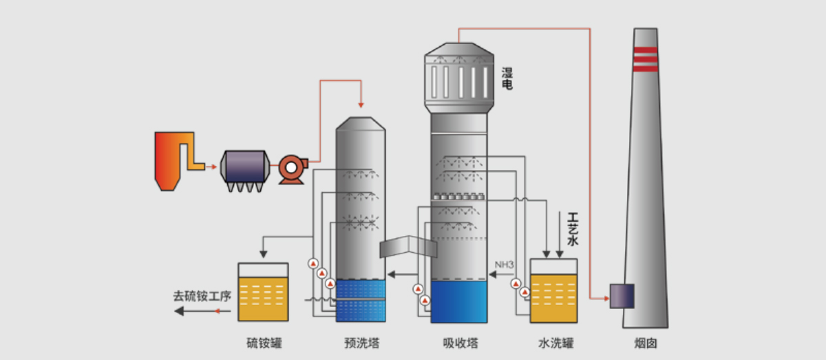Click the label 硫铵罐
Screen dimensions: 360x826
coord(265,342)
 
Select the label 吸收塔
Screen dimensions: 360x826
coord(460,342)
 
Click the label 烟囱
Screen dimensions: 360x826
coord(645,342)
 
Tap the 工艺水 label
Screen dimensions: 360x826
coord(573,229)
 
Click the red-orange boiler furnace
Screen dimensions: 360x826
coord(169,160)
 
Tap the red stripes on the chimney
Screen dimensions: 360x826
coord(645,59)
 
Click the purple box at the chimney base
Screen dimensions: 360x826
coord(622,296)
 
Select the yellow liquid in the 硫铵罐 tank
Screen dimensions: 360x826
coord(263,298)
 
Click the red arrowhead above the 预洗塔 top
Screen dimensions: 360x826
coord(361,105)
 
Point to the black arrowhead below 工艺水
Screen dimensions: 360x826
coord(559,253)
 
